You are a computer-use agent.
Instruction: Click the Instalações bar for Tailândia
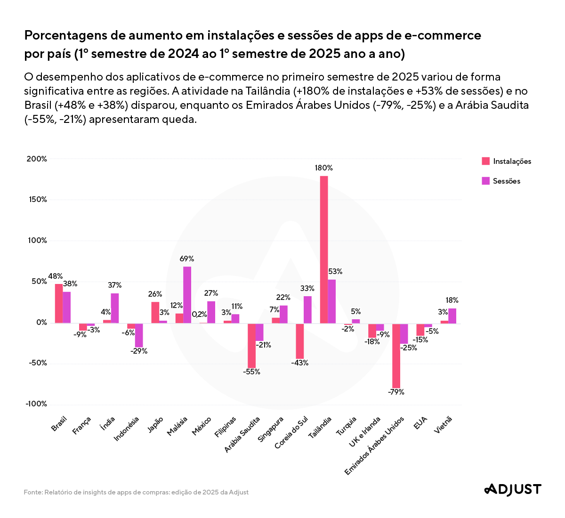[324, 250]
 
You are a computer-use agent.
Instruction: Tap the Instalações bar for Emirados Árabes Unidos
[396, 356]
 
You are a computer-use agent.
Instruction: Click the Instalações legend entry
[507, 162]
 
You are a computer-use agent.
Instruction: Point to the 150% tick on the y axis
[37, 200]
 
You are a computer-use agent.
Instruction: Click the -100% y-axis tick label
[36, 404]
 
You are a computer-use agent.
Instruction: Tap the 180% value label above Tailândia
[324, 168]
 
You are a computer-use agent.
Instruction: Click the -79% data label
[396, 392]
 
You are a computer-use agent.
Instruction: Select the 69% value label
[187, 259]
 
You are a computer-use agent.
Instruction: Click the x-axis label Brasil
[59, 424]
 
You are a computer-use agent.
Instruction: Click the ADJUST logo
[513, 489]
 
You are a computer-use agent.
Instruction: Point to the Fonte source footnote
[136, 493]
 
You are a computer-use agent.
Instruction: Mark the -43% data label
[299, 363]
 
